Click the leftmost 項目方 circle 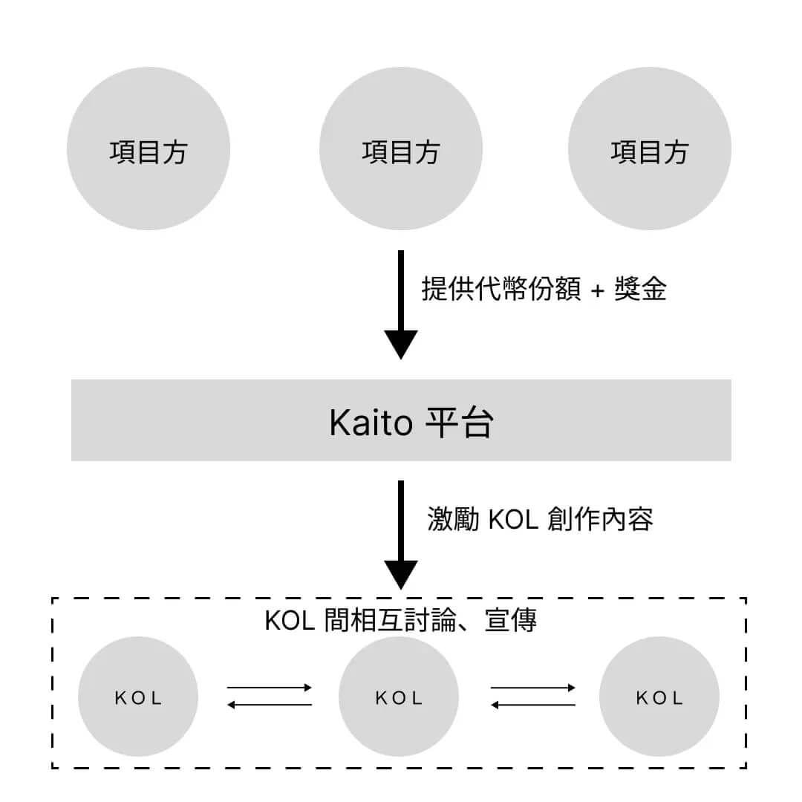point(149,149)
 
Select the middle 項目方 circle point(401,149)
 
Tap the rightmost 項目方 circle point(650,149)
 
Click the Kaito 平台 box point(401,420)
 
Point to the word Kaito point(371,423)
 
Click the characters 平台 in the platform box point(459,423)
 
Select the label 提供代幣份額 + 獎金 point(544,289)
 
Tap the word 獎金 point(641,289)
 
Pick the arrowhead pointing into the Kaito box point(401,344)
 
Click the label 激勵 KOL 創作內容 point(540,519)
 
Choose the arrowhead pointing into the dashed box point(401,574)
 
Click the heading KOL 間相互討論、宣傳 point(400,621)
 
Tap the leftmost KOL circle point(138,697)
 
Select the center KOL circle point(399,697)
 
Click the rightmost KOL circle point(659,697)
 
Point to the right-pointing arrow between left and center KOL point(270,688)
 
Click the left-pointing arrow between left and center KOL point(270,705)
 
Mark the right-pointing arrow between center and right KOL point(533,688)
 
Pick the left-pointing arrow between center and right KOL point(533,705)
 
